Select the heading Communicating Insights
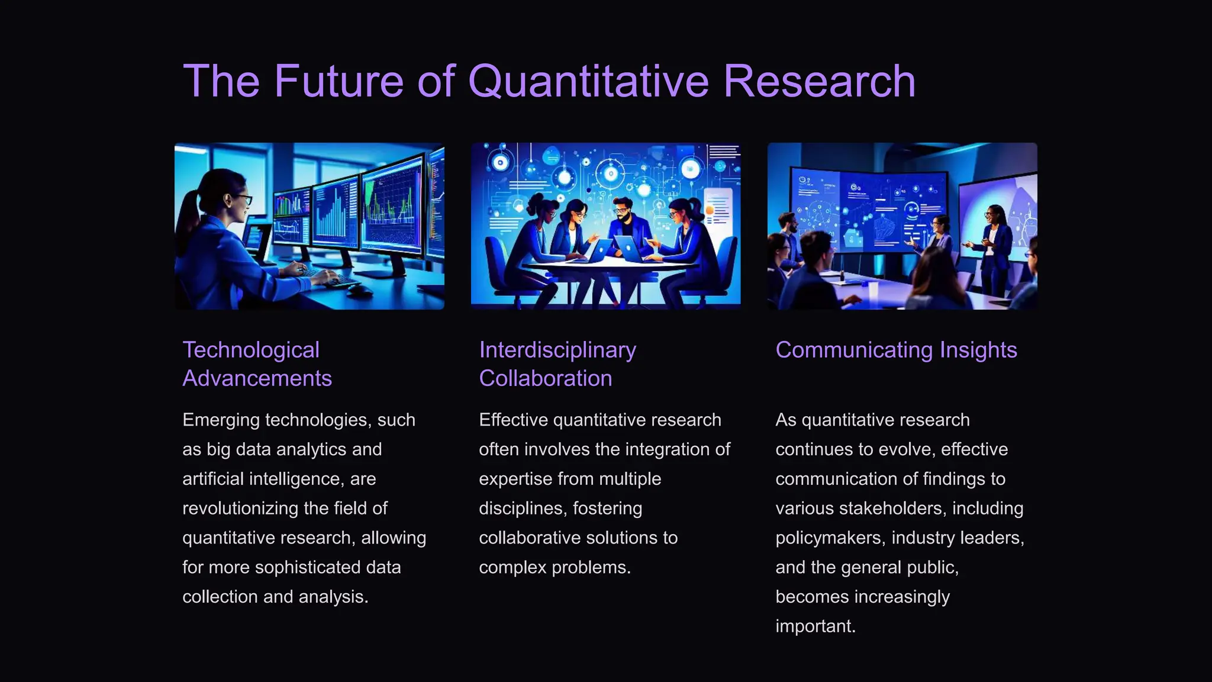896,350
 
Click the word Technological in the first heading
251,350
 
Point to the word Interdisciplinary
557,350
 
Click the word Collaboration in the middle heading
545,378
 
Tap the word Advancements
257,378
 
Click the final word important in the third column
815,626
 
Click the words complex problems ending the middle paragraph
555,568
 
